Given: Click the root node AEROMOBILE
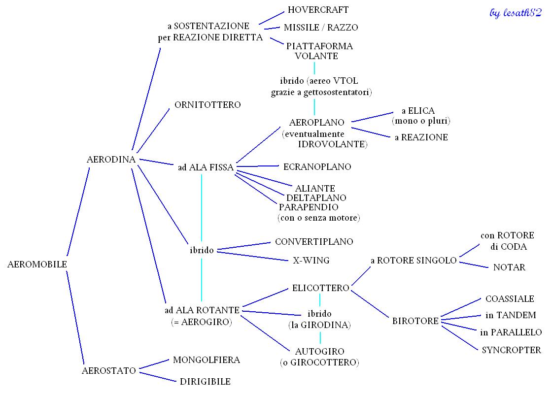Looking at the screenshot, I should click(37, 264).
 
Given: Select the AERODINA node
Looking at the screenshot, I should click(111, 160).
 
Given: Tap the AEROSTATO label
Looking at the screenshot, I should click(108, 371).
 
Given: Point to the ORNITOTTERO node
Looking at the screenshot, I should click(207, 105).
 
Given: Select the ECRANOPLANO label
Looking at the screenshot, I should click(317, 167).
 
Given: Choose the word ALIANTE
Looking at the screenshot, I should click(315, 188).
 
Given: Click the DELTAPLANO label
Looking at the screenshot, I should click(316, 197).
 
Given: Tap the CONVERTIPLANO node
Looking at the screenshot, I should click(314, 242).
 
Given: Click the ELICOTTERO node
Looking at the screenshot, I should click(320, 288).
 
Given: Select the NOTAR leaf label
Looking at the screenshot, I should click(509, 267).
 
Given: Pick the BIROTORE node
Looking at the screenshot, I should click(415, 321).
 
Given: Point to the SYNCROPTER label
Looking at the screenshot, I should click(511, 350).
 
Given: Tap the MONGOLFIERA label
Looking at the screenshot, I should click(207, 360).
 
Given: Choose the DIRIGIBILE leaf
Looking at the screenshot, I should click(205, 381).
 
